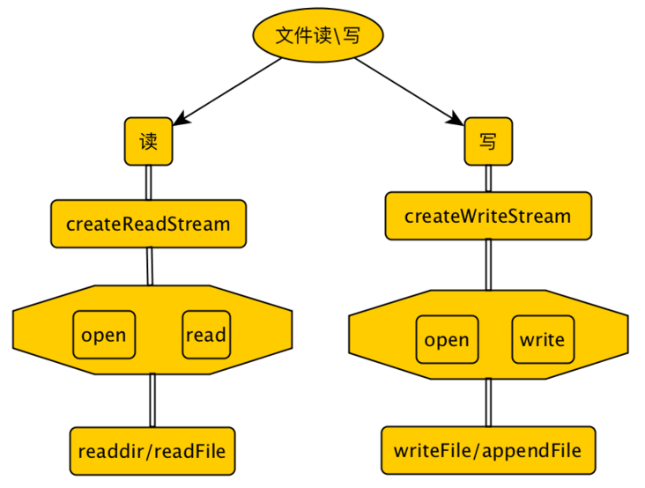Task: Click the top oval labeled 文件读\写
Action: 318,35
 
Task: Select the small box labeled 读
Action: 148,141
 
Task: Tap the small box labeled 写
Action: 488,142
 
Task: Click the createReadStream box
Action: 148,224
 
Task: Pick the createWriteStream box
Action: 487,216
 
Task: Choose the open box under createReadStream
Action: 104,335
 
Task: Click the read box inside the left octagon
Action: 206,335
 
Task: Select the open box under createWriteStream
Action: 447,340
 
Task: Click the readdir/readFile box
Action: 152,452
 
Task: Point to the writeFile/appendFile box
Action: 487,451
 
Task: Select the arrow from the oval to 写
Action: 405,89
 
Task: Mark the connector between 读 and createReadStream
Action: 148,183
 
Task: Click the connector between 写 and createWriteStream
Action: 488,179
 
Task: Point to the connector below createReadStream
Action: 150,266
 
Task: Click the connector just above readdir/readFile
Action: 152,400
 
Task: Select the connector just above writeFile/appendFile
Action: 487,402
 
